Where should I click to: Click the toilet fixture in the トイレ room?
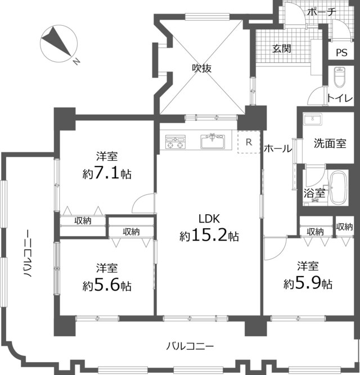[340, 77]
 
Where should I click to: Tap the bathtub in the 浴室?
[338, 188]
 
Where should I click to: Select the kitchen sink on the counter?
[213, 141]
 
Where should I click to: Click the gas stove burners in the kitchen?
[175, 142]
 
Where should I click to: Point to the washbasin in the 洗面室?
[312, 119]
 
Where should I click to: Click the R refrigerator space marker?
[249, 142]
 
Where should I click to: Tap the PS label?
[341, 53]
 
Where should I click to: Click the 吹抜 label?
[202, 69]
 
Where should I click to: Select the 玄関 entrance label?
[282, 49]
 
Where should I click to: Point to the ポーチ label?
[322, 11]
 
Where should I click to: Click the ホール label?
[278, 148]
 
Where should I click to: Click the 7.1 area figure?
[107, 173]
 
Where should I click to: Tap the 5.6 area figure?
[107, 284]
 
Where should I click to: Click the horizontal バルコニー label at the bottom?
[190, 346]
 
